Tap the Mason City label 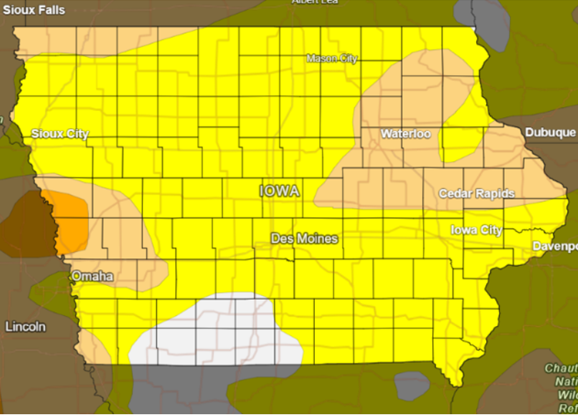point(331,59)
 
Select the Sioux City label point(60,134)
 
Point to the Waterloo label point(406,134)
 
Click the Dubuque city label point(550,133)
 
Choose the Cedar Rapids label point(476,193)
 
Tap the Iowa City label point(476,230)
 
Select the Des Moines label point(305,238)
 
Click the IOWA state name point(280,191)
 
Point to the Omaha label point(92,276)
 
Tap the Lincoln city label point(25,326)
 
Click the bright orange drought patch point(72,223)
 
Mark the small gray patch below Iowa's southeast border point(410,385)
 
